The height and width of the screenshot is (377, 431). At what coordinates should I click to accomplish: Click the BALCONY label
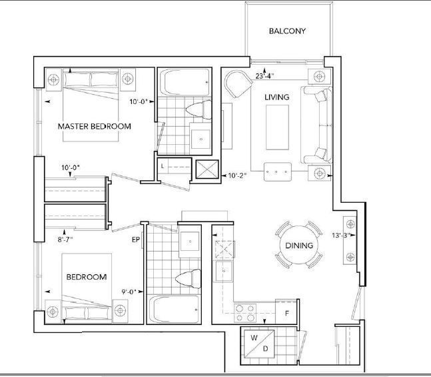pos(287,31)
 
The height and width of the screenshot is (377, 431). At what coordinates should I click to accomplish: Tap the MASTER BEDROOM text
pos(95,126)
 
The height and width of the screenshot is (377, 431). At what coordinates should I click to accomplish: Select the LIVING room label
pos(277,97)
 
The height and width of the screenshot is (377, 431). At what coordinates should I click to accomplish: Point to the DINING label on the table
pos(299,246)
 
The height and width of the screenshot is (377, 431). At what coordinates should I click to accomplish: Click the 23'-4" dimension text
pos(264,76)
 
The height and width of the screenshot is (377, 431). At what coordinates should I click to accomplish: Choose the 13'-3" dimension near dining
pos(342,235)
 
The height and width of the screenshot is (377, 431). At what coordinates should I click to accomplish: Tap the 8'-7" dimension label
pos(65,240)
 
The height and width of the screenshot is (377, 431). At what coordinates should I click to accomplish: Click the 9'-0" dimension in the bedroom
pos(129,292)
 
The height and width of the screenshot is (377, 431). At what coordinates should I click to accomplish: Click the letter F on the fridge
pos(287,313)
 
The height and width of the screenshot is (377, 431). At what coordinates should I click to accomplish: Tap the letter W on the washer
pos(254,338)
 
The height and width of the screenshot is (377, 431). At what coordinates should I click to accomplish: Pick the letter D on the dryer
pos(266,348)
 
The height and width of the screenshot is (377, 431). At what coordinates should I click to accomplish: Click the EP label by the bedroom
pos(136,240)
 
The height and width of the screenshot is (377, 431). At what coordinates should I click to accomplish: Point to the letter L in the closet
pos(163,166)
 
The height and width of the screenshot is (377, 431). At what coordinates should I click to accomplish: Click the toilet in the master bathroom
pos(199,109)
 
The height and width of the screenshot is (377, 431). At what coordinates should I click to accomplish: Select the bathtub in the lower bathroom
pos(174,309)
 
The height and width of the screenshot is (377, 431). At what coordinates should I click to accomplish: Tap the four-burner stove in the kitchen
pos(245,313)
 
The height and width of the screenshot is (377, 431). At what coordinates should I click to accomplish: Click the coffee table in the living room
pos(277,127)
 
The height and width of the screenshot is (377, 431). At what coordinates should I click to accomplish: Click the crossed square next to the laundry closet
pos(207,169)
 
